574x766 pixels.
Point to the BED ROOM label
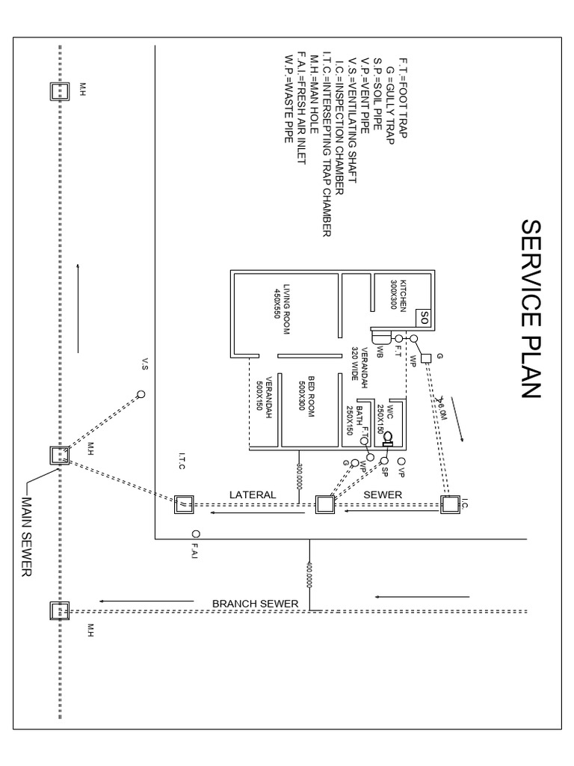[x=299, y=394]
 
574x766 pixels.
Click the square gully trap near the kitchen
[x=425, y=358]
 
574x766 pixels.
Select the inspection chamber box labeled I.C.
[x=450, y=505]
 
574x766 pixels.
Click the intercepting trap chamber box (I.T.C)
[x=182, y=506]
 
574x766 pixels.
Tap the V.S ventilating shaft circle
[x=141, y=394]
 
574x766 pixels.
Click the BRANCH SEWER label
[x=255, y=604]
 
